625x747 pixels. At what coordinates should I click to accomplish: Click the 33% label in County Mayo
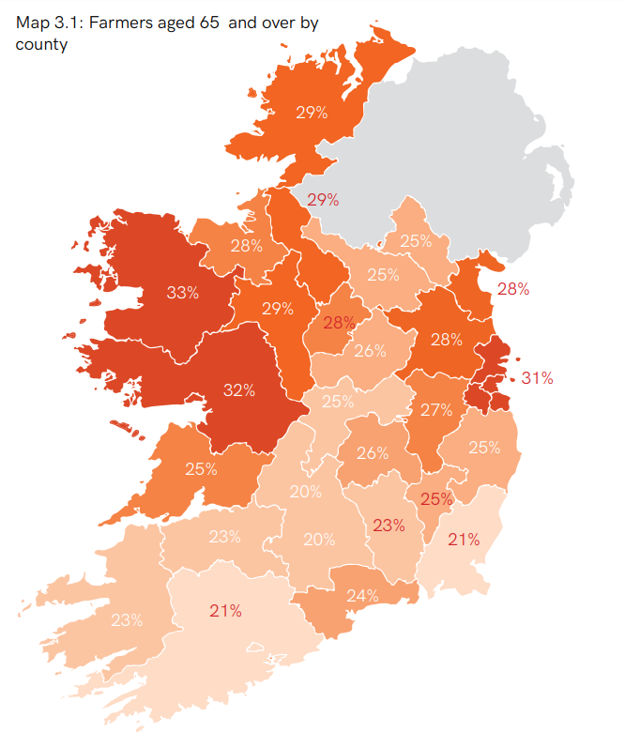click(x=182, y=292)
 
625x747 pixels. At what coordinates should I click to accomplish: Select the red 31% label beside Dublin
click(x=538, y=378)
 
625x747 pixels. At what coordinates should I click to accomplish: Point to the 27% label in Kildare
click(x=436, y=410)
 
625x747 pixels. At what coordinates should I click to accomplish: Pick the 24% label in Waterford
click(x=362, y=595)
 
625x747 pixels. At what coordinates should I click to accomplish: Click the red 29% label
click(x=323, y=199)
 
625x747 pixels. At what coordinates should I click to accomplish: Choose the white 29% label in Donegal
click(x=311, y=113)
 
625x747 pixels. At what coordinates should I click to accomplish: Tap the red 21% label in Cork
click(x=226, y=611)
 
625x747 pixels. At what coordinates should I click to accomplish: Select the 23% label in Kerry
click(x=127, y=619)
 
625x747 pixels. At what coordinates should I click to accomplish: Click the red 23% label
click(x=388, y=525)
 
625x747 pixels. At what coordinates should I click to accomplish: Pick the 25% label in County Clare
click(x=201, y=469)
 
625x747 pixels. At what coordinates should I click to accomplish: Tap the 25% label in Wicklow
click(x=484, y=448)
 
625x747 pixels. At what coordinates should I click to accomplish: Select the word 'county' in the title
click(x=41, y=44)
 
